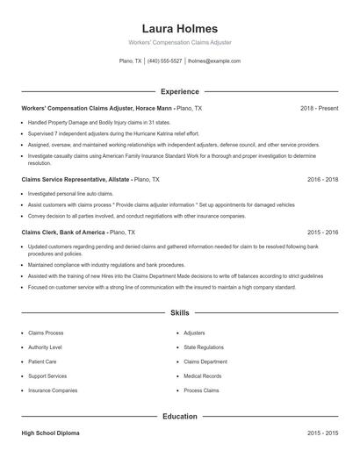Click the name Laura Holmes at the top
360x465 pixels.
point(179,29)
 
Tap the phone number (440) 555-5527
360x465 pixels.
point(165,61)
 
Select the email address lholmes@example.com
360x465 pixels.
point(214,61)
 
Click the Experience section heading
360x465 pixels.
point(179,91)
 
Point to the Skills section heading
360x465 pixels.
point(179,312)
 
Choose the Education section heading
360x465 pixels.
point(179,416)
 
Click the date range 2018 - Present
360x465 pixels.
point(319,108)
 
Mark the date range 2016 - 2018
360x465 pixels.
point(322,179)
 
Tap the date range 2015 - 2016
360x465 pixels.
point(322,232)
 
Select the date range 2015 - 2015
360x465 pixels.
point(322,433)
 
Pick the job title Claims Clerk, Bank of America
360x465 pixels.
point(62,232)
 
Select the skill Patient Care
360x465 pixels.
point(42,361)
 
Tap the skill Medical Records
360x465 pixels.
point(202,376)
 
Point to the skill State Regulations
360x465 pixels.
point(204,347)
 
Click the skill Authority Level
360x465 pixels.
point(45,347)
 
